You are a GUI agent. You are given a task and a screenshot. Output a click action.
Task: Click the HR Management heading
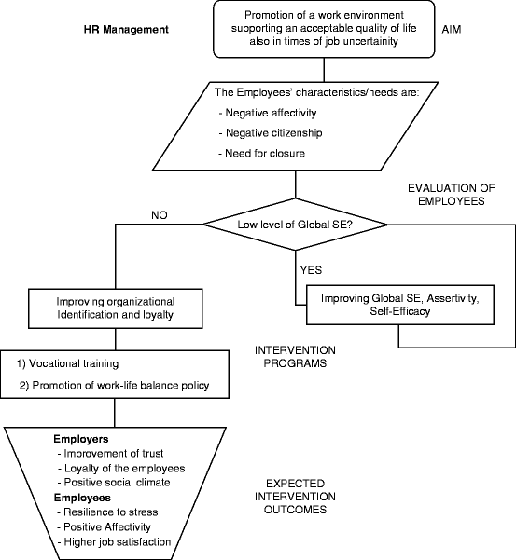pyautogui.click(x=125, y=30)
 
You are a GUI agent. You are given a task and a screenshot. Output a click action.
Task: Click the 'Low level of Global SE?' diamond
pyautogui.click(x=296, y=225)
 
